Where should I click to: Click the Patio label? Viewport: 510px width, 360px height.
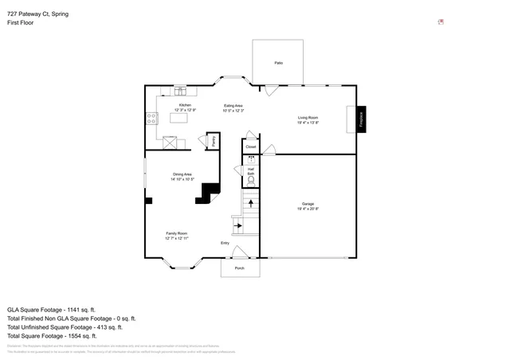point(279,62)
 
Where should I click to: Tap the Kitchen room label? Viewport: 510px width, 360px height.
point(185,105)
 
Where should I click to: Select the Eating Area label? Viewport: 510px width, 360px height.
point(233,106)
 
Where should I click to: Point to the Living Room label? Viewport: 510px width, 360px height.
point(308,117)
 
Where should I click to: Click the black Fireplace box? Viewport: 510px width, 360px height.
point(360,119)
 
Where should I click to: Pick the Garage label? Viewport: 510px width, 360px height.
point(308,204)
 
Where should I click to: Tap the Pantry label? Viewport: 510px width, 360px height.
point(213,141)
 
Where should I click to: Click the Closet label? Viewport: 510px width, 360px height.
point(251,147)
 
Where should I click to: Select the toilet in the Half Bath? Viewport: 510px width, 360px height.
point(251,181)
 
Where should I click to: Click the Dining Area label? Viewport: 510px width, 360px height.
point(182,174)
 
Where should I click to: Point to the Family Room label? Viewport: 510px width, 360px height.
point(177,233)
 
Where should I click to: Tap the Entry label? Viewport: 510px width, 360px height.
point(225,243)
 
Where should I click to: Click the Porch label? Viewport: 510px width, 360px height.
point(239,268)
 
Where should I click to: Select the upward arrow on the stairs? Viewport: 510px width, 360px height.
point(252,203)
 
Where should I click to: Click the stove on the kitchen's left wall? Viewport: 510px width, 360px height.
point(151,119)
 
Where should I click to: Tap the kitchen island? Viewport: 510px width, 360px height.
point(185,118)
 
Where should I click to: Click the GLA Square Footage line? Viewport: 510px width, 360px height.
point(51,309)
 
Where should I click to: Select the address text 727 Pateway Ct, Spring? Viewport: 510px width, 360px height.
point(37,14)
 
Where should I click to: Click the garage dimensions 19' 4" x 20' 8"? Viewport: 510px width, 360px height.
point(308,209)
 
